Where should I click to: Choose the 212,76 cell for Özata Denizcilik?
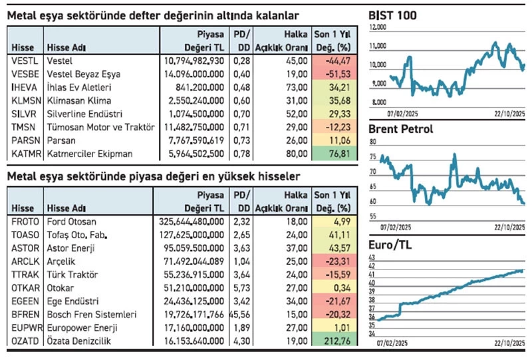pos(336,341)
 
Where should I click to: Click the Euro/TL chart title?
pos(392,246)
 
